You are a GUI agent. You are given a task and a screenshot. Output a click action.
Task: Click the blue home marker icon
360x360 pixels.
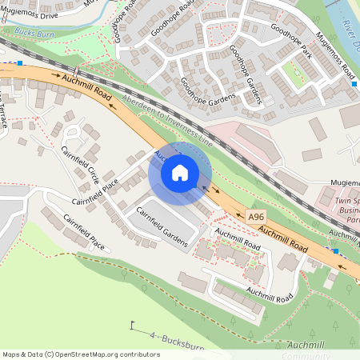180,172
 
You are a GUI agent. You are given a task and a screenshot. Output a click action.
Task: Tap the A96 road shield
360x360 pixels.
256,217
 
